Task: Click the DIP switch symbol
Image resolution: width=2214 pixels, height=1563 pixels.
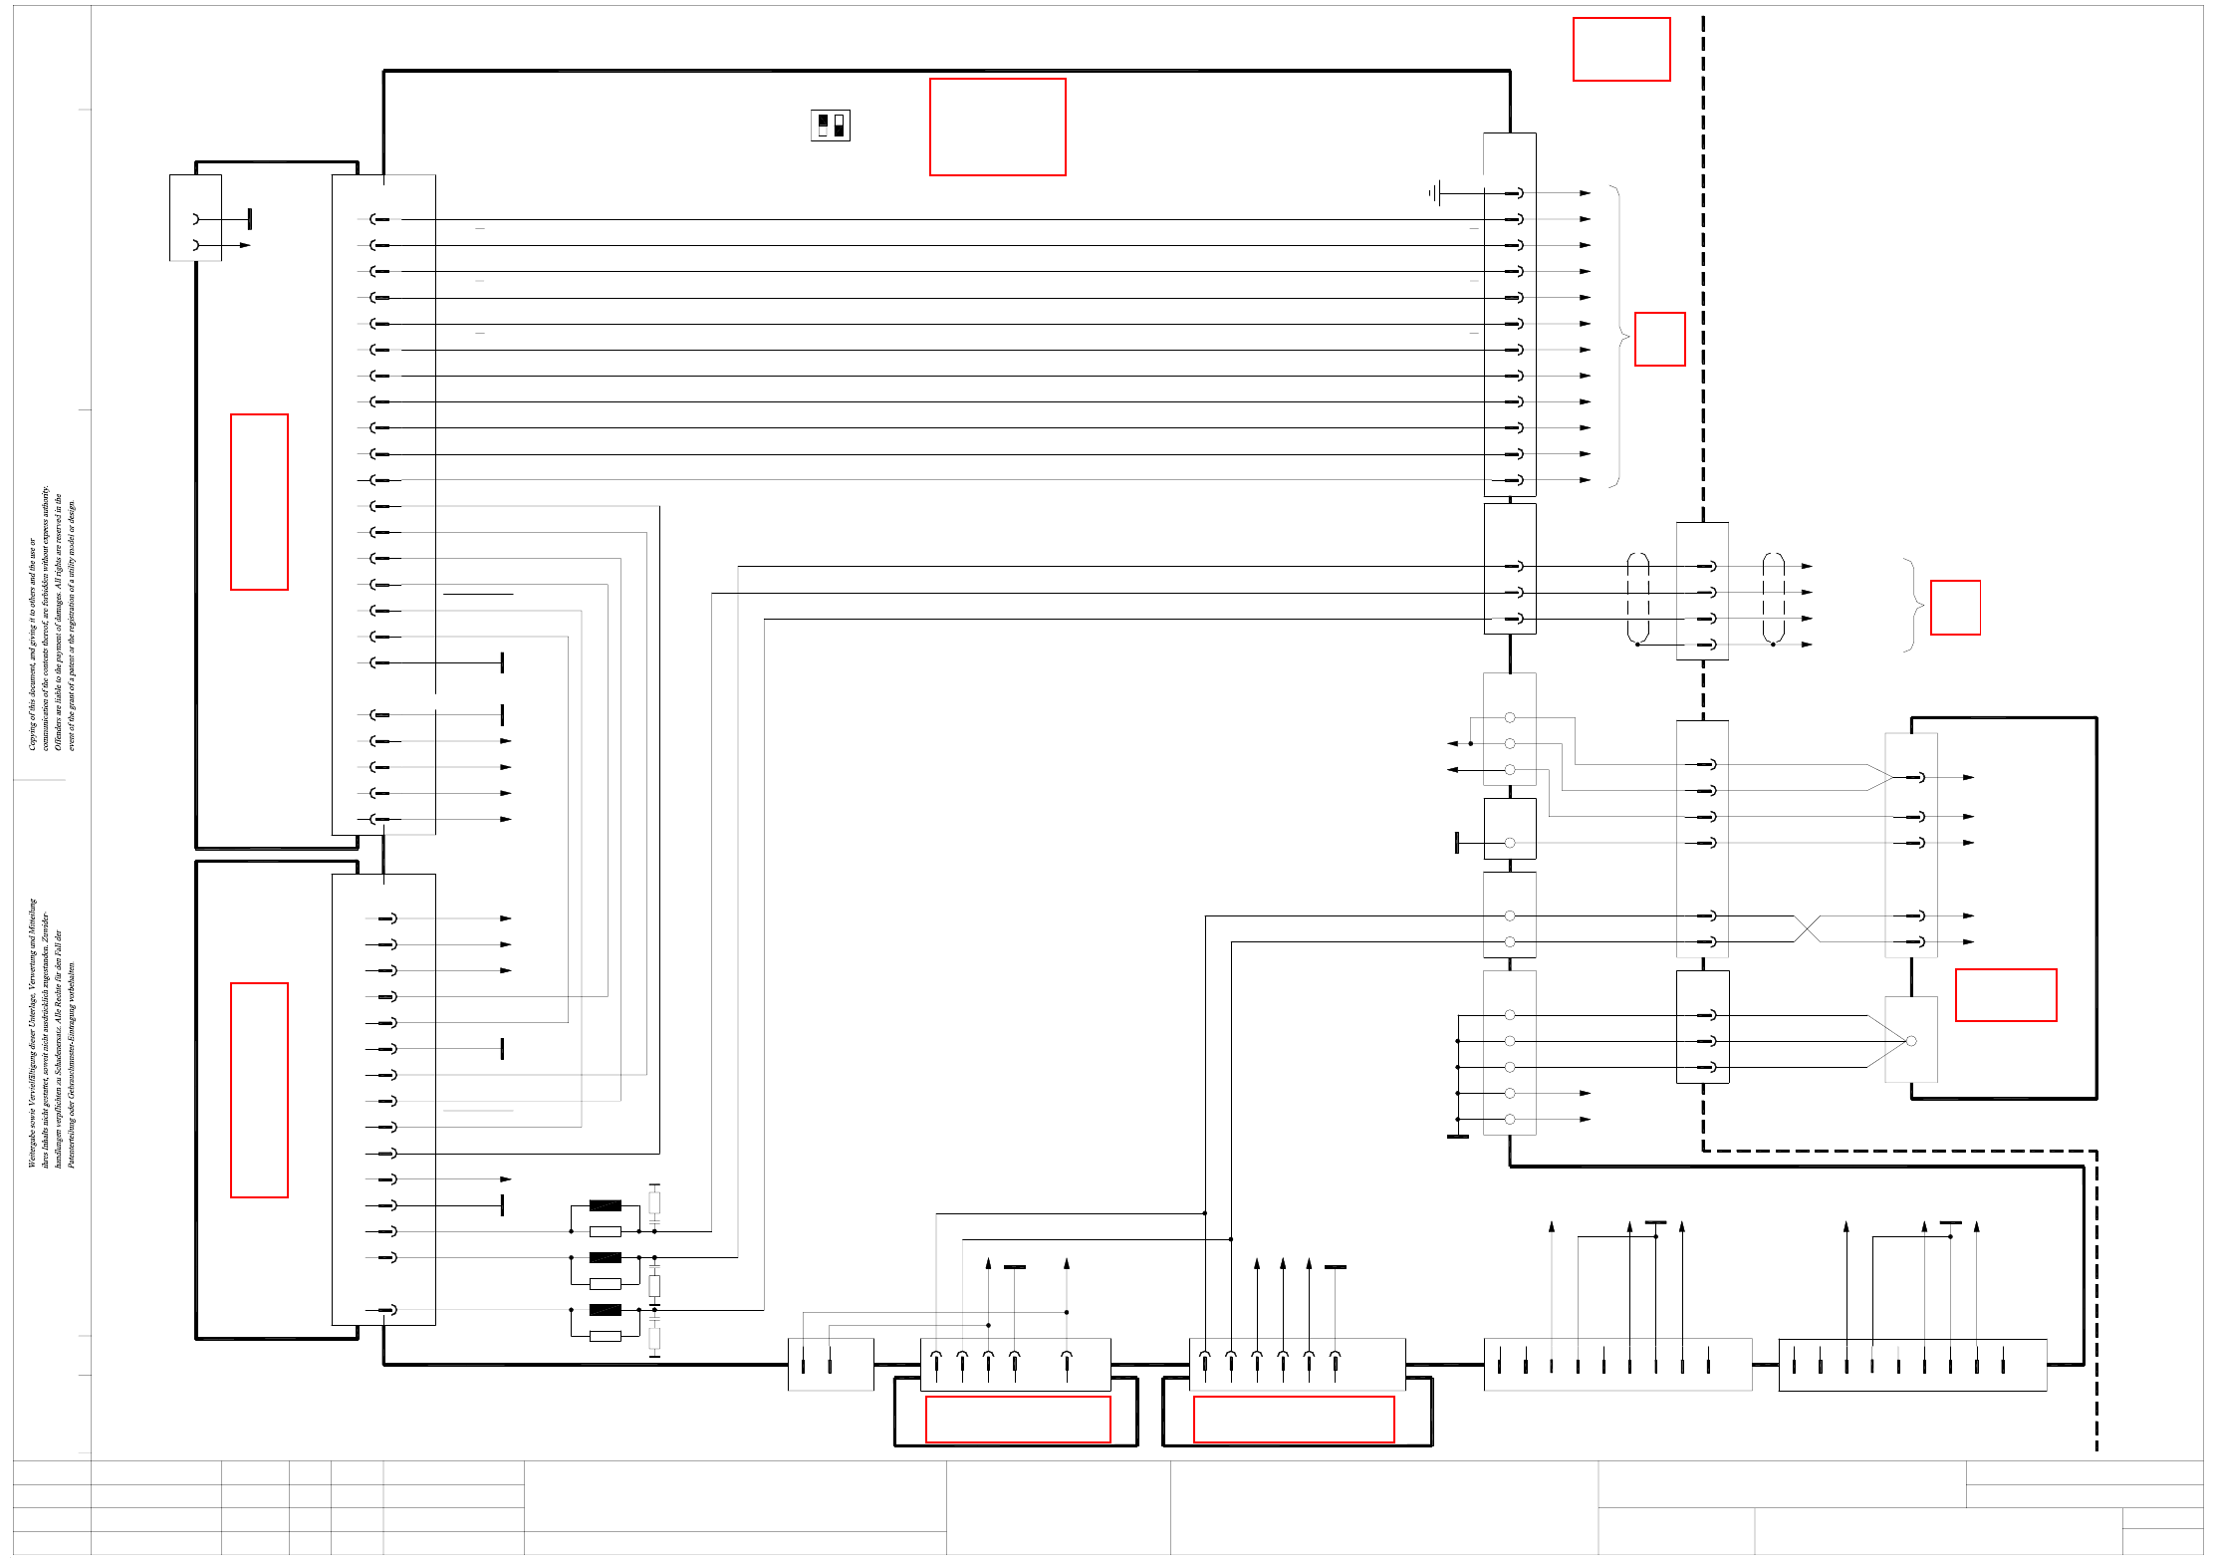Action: click(x=830, y=126)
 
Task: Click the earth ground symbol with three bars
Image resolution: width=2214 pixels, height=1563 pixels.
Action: click(x=1434, y=193)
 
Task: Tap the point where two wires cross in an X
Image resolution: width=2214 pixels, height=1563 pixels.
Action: click(x=1807, y=928)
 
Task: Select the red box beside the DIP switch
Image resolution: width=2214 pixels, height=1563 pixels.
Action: click(x=997, y=127)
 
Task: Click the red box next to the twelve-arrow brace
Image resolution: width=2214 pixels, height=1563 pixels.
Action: click(x=1659, y=339)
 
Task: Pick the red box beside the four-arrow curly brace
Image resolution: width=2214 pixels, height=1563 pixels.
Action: click(x=1955, y=607)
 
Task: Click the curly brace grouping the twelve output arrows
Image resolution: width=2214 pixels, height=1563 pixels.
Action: click(x=1618, y=337)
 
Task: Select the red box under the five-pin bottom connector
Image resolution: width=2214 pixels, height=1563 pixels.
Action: click(x=1017, y=1419)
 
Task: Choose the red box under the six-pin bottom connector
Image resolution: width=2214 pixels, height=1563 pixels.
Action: click(x=1293, y=1419)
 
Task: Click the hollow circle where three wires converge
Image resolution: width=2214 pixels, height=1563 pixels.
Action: click(x=1910, y=1041)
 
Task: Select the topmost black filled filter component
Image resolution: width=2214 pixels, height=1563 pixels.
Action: click(x=605, y=1205)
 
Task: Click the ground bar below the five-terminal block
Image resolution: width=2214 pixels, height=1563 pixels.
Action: click(x=1457, y=1136)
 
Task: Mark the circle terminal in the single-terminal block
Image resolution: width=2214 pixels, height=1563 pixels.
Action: click(x=1510, y=843)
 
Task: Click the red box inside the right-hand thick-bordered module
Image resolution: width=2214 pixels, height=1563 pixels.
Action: click(x=2005, y=994)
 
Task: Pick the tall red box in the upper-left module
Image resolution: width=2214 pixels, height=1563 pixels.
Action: click(x=259, y=501)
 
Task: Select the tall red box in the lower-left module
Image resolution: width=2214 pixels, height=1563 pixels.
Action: click(x=259, y=1089)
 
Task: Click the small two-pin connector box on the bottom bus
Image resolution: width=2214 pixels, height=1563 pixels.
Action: click(x=830, y=1364)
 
